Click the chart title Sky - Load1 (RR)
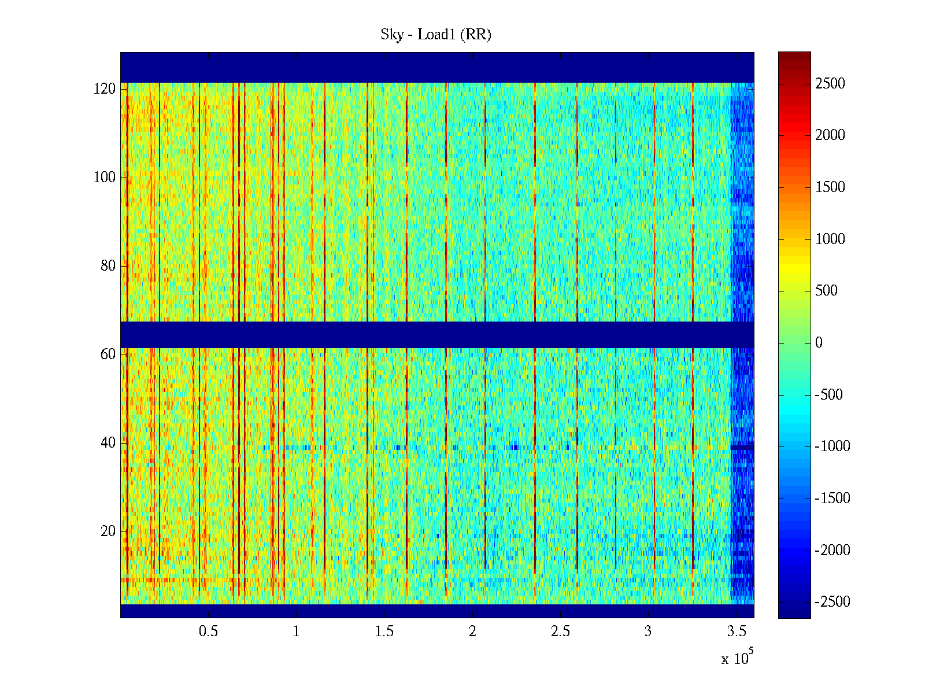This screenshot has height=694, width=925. [436, 35]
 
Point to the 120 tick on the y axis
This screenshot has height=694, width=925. [105, 89]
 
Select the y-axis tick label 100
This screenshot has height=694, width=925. [105, 178]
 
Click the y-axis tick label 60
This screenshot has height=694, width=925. [108, 355]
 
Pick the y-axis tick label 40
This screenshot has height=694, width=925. [108, 443]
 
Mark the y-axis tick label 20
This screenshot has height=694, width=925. [108, 531]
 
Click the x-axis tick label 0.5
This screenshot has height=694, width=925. [208, 632]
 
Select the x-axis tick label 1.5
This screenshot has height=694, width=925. [384, 632]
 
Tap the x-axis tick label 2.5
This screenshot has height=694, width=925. [560, 632]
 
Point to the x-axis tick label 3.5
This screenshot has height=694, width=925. [737, 632]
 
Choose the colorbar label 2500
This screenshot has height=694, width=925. [830, 84]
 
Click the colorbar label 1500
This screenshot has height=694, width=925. [830, 187]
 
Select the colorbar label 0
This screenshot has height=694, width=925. [819, 343]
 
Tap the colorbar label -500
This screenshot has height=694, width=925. [828, 395]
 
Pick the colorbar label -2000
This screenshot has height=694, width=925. [832, 550]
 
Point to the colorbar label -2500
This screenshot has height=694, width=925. [832, 602]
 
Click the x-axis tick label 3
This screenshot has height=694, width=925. [648, 632]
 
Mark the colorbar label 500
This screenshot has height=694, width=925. [827, 291]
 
